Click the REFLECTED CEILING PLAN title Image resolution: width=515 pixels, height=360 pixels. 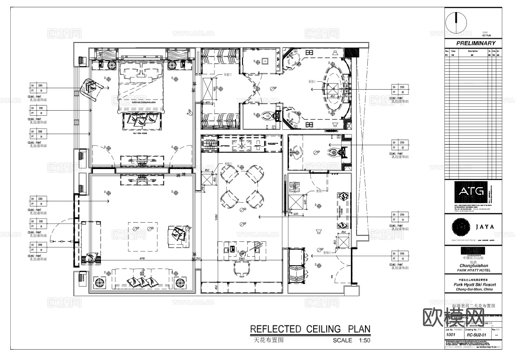[x=310, y=329]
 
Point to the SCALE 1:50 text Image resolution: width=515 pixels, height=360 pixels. [x=351, y=340]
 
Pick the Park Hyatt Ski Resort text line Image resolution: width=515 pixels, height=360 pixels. [x=474, y=284]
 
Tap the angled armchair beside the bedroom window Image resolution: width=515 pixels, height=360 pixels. [x=90, y=88]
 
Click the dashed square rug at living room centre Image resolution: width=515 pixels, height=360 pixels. [x=143, y=231]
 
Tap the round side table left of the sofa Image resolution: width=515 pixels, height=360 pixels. [x=100, y=282]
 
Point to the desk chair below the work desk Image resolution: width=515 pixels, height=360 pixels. [x=242, y=268]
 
